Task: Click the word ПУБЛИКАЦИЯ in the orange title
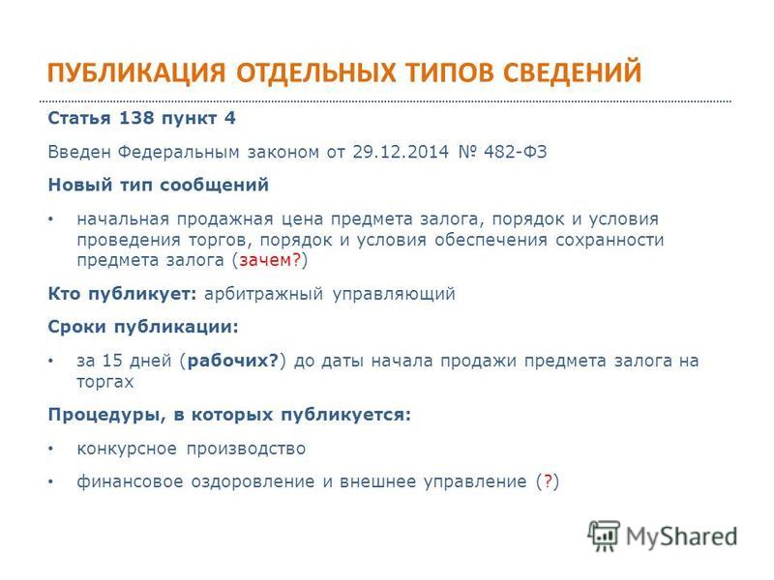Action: (136, 72)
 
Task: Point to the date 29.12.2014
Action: (401, 152)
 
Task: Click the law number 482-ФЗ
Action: (516, 152)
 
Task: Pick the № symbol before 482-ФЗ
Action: (466, 152)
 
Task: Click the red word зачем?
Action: (270, 259)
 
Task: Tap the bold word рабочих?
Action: (233, 361)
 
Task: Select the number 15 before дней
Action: (111, 361)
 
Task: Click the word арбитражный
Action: (263, 294)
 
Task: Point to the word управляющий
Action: (394, 294)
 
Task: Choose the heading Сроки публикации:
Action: (143, 327)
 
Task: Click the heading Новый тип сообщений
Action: (159, 185)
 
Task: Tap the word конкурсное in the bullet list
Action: (127, 449)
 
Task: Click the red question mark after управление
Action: (548, 480)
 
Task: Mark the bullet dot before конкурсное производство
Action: (50, 449)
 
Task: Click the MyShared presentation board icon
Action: (603, 536)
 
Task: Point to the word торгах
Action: (105, 382)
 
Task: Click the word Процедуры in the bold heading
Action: (106, 415)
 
